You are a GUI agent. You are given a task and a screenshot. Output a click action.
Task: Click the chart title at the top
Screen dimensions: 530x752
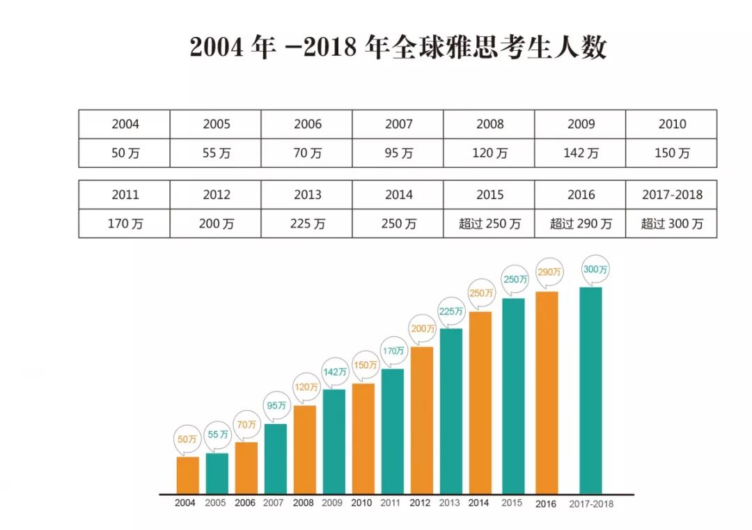[398, 47]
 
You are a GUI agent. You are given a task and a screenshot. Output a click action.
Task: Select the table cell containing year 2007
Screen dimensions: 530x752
[398, 124]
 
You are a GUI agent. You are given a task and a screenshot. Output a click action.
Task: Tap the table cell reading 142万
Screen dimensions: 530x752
[580, 153]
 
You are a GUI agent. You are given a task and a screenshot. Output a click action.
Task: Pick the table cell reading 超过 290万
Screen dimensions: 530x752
[580, 224]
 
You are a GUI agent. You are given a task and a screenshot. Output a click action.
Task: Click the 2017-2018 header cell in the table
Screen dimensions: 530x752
[671, 195]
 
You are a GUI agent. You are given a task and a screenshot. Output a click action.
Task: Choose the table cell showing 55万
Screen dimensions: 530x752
[216, 153]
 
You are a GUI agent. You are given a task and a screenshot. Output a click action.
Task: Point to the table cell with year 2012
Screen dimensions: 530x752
[216, 195]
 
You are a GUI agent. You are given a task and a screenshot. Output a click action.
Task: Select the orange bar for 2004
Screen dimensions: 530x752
[187, 475]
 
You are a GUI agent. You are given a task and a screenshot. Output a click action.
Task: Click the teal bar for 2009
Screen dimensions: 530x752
[334, 441]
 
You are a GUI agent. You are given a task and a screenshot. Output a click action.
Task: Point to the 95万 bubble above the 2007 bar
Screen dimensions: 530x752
[276, 405]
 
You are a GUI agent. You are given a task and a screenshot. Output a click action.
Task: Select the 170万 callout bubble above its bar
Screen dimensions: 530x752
[393, 351]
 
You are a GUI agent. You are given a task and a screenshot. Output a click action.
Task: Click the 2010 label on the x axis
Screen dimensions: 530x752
[361, 503]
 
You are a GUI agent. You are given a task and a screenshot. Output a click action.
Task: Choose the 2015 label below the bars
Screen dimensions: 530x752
[512, 503]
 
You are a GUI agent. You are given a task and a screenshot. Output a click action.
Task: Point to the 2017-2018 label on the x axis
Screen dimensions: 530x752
[591, 504]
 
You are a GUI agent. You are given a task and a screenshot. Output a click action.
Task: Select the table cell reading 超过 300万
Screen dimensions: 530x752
[671, 224]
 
